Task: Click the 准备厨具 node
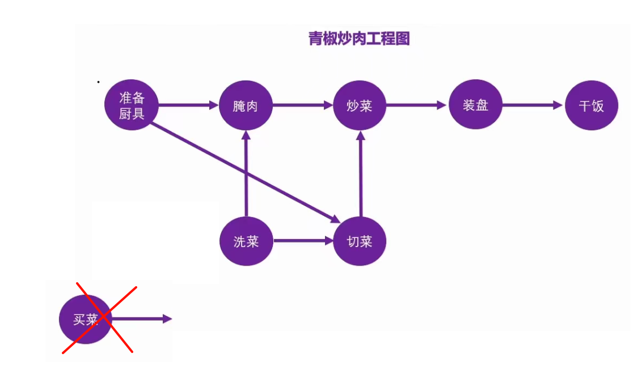point(132,105)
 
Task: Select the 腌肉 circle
point(246,105)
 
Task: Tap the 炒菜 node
point(360,105)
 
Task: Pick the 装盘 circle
point(475,105)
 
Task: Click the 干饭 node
point(591,105)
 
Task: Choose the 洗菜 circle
point(246,241)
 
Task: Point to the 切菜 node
point(360,241)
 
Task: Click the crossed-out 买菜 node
point(86,319)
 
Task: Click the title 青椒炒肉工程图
point(359,39)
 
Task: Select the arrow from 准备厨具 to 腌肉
point(188,105)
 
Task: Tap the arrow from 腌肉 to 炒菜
point(303,105)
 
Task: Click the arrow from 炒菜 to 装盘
point(416,105)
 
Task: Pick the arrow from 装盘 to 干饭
point(533,105)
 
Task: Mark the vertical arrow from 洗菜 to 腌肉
point(246,174)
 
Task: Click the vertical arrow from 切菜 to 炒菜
point(360,174)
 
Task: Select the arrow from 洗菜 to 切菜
point(303,240)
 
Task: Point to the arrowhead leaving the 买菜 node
point(167,319)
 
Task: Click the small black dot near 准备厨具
point(98,82)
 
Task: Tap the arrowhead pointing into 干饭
point(557,105)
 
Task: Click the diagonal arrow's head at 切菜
point(336,219)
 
